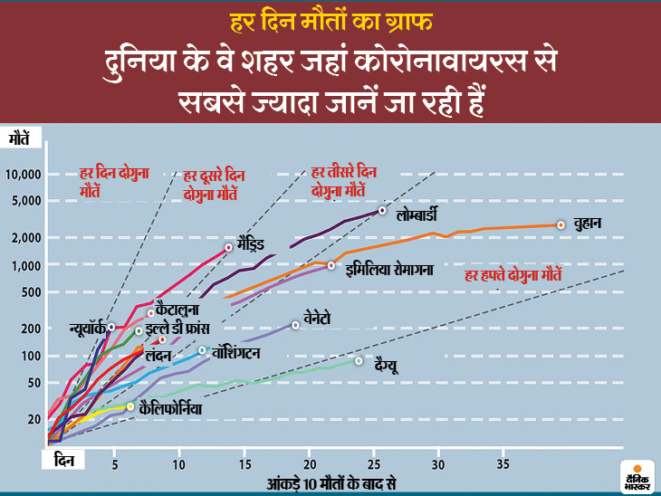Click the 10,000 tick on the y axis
pyautogui.click(x=24, y=175)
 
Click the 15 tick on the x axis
pyautogui.click(x=244, y=465)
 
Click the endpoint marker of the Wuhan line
pyautogui.click(x=561, y=224)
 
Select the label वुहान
pyautogui.click(x=589, y=224)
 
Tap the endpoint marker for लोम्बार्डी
pyautogui.click(x=382, y=210)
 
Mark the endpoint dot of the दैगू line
pyautogui.click(x=359, y=361)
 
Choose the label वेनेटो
pyautogui.click(x=322, y=320)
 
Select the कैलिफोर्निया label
pyautogui.click(x=171, y=409)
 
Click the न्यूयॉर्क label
pyautogui.click(x=87, y=328)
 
